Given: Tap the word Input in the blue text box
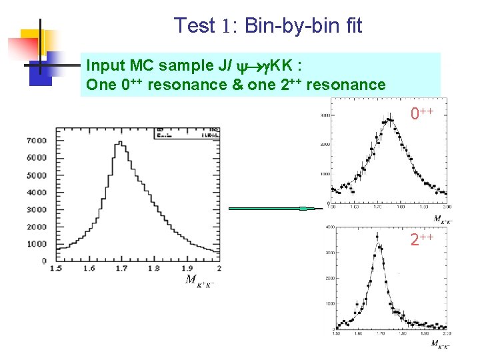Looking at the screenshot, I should pos(105,65).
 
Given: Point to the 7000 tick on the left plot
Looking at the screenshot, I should pos(37,141).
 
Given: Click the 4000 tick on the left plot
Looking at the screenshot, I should pos(37,193).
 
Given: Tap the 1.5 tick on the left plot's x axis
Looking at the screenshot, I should pos(57,268).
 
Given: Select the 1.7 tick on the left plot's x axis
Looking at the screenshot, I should pos(121,268).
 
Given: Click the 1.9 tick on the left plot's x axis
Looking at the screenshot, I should pos(186,268).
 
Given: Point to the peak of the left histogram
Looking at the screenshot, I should pos(119,142).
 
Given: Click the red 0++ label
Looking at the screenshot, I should pos(422,114).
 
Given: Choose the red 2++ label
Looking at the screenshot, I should pos(422,239).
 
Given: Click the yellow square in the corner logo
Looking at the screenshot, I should pos(33,41).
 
